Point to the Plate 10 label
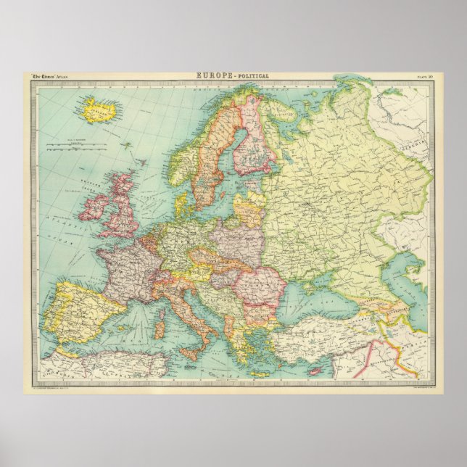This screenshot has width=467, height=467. click(x=424, y=76)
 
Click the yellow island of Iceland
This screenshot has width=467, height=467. click(x=100, y=110)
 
